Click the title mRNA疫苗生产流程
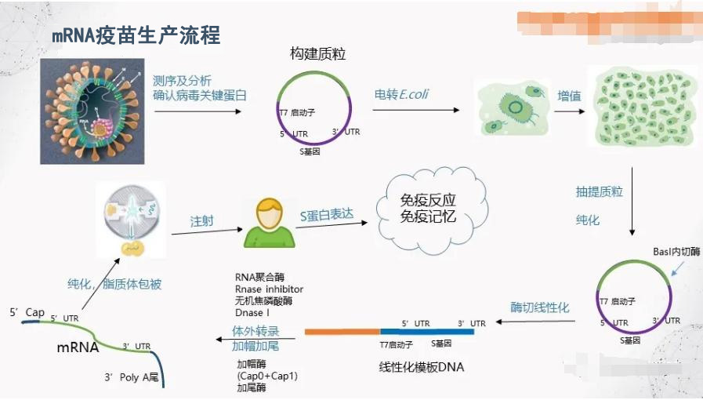[x=136, y=35]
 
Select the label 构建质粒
[x=317, y=54]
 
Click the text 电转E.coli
[x=401, y=95]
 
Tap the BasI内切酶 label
[x=676, y=251]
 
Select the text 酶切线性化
[x=540, y=307]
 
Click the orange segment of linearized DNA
[x=342, y=332]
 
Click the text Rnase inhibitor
[x=269, y=289]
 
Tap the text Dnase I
[x=252, y=313]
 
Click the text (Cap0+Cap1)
[x=267, y=376]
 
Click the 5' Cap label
[x=27, y=312]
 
